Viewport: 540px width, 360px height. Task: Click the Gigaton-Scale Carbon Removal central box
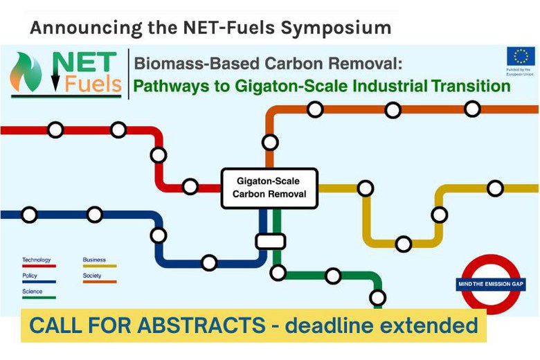pyautogui.click(x=269, y=188)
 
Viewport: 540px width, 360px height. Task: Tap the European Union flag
pyautogui.click(x=520, y=56)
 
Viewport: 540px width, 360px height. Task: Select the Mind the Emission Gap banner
pyautogui.click(x=489, y=284)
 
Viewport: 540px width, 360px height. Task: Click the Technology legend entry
pyautogui.click(x=37, y=260)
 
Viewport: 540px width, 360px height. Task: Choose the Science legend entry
pyautogui.click(x=32, y=292)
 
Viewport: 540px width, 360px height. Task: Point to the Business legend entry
pyautogui.click(x=94, y=260)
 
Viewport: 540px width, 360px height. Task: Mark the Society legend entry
pyautogui.click(x=92, y=276)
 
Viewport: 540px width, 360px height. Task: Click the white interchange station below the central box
pyautogui.click(x=270, y=241)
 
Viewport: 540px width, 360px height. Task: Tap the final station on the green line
pyautogui.click(x=377, y=298)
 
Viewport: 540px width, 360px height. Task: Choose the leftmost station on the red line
pyautogui.click(x=55, y=130)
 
